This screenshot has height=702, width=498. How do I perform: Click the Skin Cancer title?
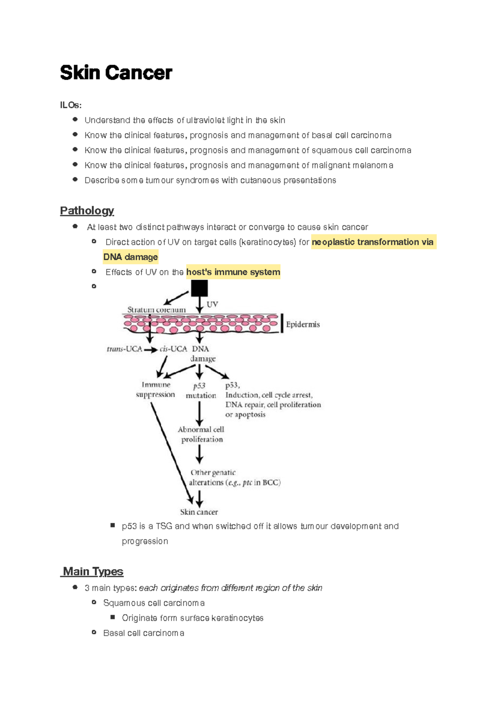point(116,73)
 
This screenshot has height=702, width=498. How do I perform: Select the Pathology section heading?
point(87,211)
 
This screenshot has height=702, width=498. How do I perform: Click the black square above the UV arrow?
point(199,288)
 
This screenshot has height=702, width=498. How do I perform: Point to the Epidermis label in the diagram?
point(303,324)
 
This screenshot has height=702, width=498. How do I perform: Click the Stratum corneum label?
point(156,310)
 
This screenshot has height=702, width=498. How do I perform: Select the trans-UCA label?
point(124,349)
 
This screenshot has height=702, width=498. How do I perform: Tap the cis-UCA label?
point(173,349)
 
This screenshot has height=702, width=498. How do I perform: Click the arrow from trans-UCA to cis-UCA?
point(151,350)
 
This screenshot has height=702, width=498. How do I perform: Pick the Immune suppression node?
point(156,390)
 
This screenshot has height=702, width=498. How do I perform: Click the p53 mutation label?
point(200,390)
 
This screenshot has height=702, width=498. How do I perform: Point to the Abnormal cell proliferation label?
point(201,434)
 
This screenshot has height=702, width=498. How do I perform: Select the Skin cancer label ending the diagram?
point(199,512)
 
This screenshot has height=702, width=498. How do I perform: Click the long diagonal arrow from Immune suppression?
point(171,452)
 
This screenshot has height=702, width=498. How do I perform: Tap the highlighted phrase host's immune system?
point(233,272)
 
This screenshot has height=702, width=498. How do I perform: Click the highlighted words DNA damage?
point(130,257)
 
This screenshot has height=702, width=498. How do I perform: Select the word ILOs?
point(71,105)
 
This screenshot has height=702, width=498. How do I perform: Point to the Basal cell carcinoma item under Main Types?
point(144,633)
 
